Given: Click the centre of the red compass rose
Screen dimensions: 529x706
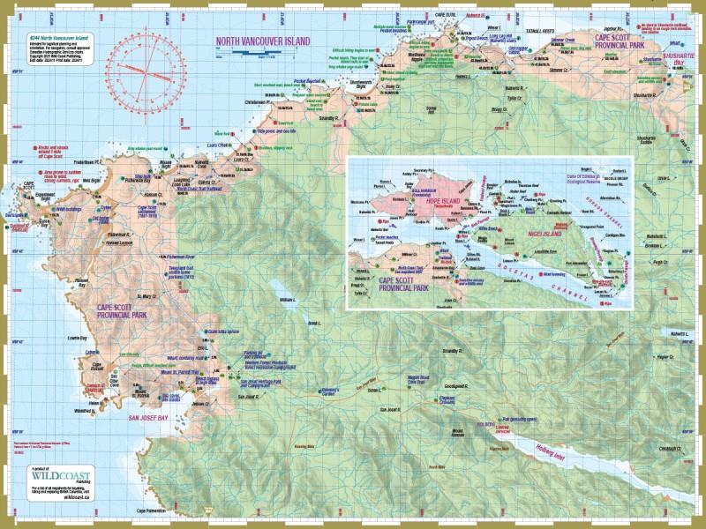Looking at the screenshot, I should click(147, 64).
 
